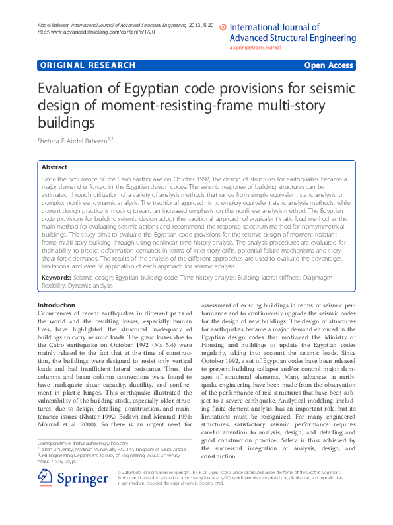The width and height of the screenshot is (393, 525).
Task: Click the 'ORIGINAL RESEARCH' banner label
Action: pyautogui.click(x=87, y=65)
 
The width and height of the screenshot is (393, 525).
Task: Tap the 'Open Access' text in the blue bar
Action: pyautogui.click(x=328, y=65)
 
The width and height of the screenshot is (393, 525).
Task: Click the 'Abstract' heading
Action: pyautogui.click(x=54, y=168)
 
